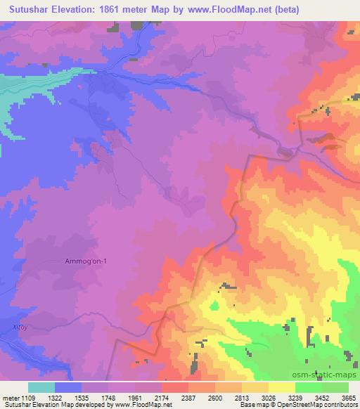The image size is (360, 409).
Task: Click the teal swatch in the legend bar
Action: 41,387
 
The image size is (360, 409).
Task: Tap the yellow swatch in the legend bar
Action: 281,387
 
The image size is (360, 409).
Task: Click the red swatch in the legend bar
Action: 174,387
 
